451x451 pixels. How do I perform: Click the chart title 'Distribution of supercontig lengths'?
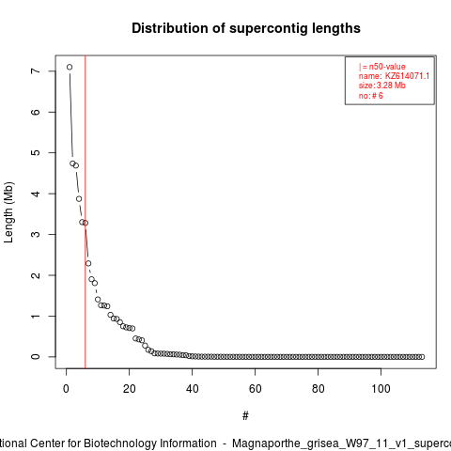246,28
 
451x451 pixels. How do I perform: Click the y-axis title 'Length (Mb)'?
9,212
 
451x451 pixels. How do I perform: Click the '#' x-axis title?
245,416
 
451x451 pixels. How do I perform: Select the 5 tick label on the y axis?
36,152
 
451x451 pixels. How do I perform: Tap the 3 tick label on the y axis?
36,234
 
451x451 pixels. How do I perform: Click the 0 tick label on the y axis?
36,357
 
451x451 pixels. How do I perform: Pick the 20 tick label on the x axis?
130,389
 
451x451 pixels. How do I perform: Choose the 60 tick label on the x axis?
256,389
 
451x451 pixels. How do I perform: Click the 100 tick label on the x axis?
381,389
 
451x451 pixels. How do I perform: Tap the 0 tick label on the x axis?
66,389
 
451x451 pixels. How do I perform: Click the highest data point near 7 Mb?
70,67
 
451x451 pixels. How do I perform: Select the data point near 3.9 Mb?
79,199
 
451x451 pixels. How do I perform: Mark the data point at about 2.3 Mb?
88,263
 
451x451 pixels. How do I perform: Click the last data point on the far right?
422,357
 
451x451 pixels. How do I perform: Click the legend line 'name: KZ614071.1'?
394,76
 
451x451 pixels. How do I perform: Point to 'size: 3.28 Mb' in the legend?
382,86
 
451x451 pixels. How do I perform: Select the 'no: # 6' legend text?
371,96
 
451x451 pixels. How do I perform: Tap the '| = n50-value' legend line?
382,67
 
